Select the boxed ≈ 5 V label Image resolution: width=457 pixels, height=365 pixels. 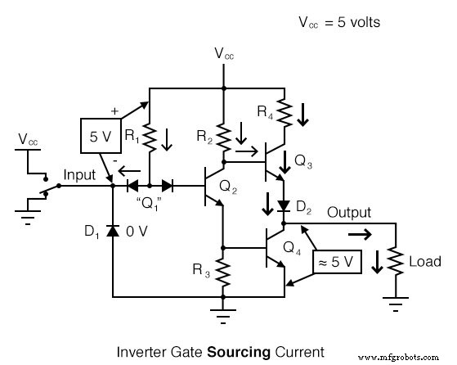pos(336,262)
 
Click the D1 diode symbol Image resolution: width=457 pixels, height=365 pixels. pos(112,244)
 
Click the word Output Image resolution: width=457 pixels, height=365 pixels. pos(349,213)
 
